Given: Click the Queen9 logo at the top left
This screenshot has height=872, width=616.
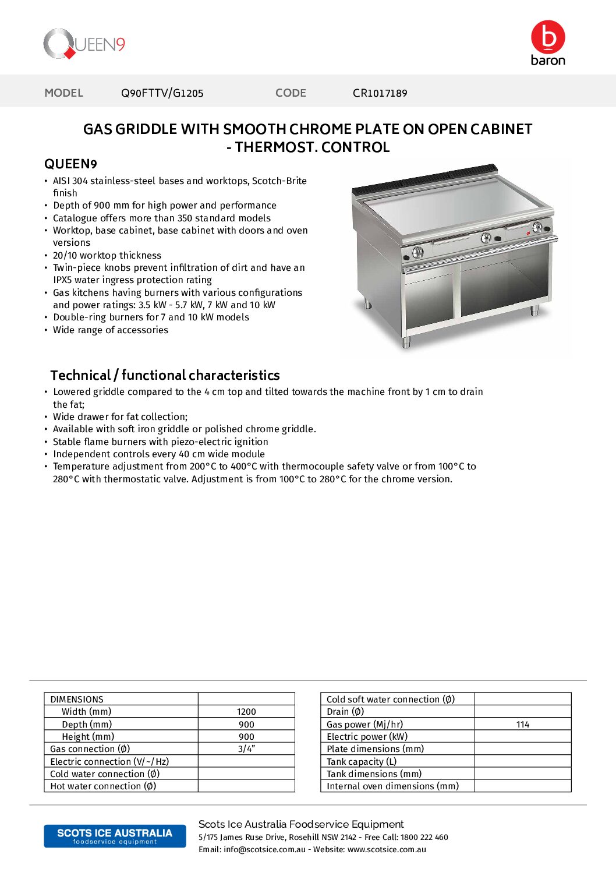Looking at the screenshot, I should point(84,44).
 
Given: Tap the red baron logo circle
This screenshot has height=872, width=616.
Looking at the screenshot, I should point(548,37).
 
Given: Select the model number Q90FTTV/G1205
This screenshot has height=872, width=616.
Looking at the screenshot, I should point(162,93).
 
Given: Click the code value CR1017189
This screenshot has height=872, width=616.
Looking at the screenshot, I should point(380,93).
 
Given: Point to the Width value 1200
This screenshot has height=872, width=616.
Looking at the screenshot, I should point(246,712).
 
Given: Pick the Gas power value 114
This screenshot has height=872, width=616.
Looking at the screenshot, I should point(522,725).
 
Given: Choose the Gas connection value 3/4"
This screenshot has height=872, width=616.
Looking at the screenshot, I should point(246,749).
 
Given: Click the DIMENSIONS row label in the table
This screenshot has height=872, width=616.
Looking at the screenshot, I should point(77,700).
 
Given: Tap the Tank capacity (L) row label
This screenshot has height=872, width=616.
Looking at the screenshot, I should point(362,762).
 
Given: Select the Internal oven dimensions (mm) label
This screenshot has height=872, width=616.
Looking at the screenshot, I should point(392,786).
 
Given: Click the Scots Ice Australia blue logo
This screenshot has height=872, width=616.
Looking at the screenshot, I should point(115,836).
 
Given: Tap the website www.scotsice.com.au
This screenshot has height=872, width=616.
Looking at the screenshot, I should point(387,850).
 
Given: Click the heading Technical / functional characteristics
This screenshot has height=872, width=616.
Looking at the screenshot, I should point(165,375).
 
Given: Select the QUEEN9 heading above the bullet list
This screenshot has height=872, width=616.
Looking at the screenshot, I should point(70,164).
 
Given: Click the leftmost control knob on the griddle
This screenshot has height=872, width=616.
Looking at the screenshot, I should point(417,252).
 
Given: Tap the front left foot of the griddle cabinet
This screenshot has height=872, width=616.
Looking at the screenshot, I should point(406,343).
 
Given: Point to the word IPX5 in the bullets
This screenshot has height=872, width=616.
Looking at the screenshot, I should point(62,280).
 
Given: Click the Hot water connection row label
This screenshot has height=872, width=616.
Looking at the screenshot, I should point(103,786).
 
